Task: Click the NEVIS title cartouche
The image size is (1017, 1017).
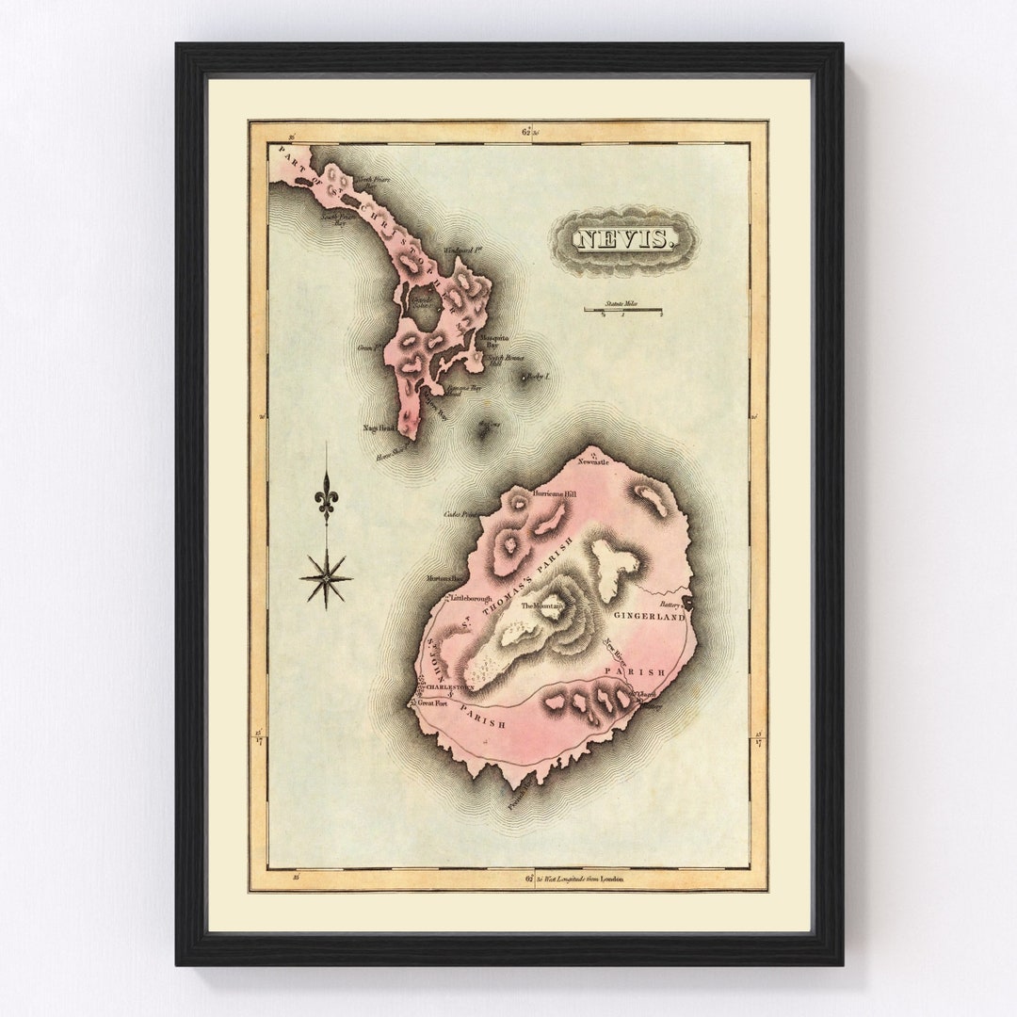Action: pyautogui.click(x=624, y=240)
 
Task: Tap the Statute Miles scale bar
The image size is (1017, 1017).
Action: pyautogui.click(x=622, y=310)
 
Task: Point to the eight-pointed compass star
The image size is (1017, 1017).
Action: pyautogui.click(x=326, y=577)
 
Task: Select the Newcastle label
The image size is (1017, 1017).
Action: pyautogui.click(x=595, y=462)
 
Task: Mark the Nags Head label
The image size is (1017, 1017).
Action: pyautogui.click(x=378, y=428)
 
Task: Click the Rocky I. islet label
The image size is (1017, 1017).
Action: pyautogui.click(x=539, y=376)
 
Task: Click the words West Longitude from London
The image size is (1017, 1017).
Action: pyautogui.click(x=585, y=879)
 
